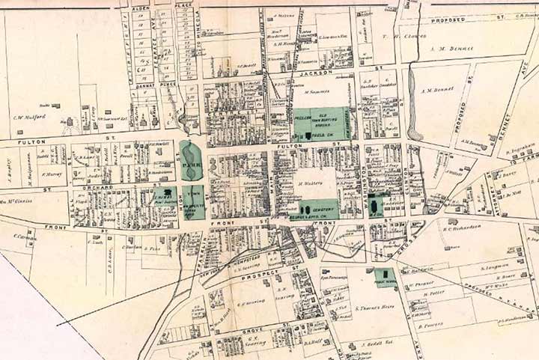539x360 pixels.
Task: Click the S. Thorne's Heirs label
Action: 374,308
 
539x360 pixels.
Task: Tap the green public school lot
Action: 385,278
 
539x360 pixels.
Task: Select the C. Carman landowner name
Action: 25,237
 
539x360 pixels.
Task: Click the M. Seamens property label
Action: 317,91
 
